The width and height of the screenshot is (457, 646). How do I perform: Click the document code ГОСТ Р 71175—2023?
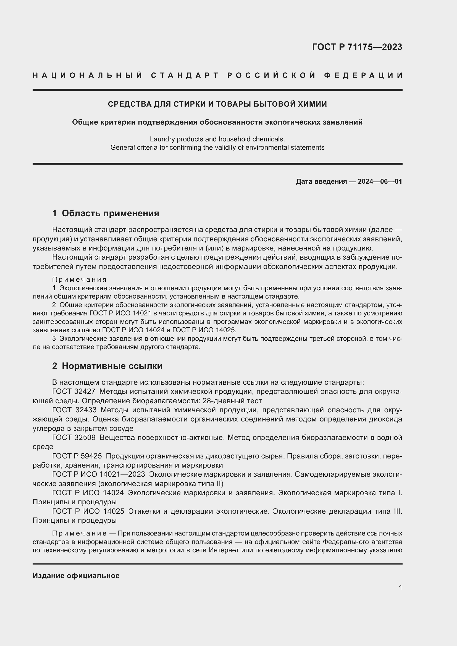[357, 47]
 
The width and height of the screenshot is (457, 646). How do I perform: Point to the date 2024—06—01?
[380, 181]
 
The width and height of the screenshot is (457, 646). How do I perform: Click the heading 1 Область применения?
[106, 213]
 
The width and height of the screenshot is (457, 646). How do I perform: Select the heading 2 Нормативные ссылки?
[107, 366]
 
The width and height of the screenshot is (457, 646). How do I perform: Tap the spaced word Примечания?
[79, 280]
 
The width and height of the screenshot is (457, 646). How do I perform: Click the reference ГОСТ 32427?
[74, 391]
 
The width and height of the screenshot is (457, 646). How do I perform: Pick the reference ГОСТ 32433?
[74, 410]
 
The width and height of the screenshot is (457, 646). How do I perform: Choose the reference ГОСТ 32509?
[74, 437]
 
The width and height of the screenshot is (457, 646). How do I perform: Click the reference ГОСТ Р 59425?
[77, 456]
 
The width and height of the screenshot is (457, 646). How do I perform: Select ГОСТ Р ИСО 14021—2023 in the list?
[98, 474]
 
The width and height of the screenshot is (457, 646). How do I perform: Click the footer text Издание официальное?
[76, 576]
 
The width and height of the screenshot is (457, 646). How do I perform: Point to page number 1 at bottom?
[400, 587]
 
